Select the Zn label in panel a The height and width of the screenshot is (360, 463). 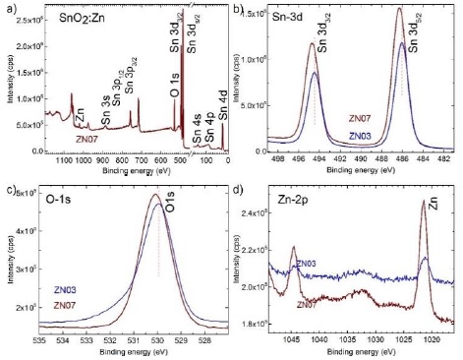81,114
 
